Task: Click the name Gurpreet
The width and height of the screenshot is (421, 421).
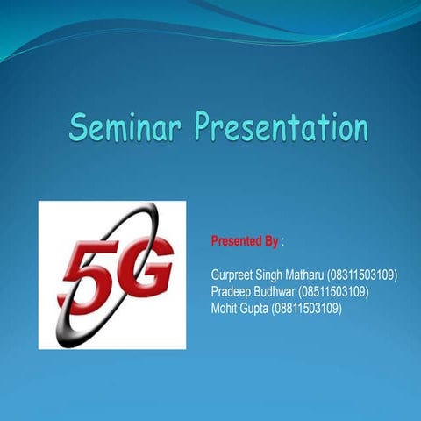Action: tap(234, 275)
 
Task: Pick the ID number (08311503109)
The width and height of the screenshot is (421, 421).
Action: tap(362, 275)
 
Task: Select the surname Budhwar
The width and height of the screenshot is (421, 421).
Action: tap(275, 291)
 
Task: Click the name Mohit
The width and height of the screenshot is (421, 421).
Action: tap(225, 308)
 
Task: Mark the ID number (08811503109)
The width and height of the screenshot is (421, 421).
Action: tap(307, 308)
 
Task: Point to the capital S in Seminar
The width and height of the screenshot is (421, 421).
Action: tap(80, 129)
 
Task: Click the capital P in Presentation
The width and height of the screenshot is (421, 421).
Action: tap(205, 129)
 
